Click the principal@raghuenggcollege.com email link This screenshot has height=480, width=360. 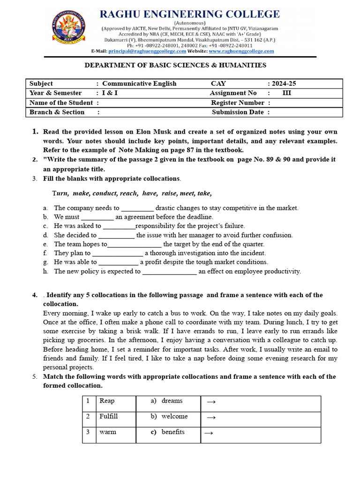coord(147,51)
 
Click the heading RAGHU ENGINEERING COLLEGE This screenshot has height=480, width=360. coord(190,14)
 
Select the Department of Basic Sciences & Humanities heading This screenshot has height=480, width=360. coord(175,65)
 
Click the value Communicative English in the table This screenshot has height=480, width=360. coord(139,83)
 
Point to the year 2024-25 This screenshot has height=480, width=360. coord(283,83)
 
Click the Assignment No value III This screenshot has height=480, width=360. coord(287,93)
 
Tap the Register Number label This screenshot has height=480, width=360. coord(238,103)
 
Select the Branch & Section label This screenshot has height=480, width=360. coord(57,112)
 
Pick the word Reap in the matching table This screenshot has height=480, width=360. coord(107,401)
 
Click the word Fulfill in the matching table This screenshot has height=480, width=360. coord(109,416)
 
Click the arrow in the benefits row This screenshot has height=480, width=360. coord(210,433)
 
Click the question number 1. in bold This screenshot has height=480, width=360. coord(35,132)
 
